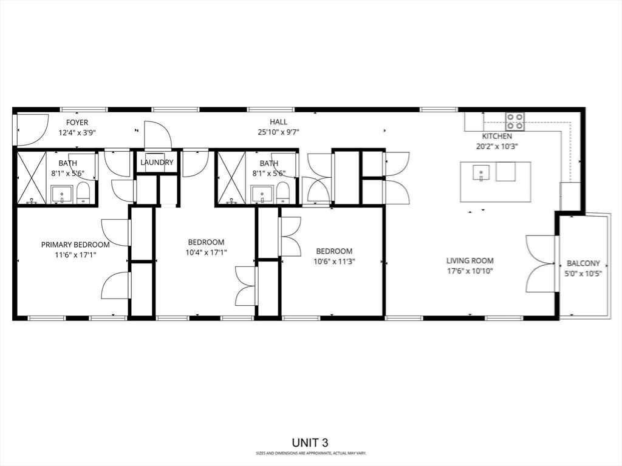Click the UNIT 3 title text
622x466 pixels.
(310, 443)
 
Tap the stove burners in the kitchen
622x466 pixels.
(516, 121)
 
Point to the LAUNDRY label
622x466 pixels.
(157, 163)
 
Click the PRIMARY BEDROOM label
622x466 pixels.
(75, 245)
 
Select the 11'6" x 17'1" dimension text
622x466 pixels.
(75, 255)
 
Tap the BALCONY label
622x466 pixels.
(583, 263)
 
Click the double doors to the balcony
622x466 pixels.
(541, 263)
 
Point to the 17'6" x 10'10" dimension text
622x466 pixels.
(470, 271)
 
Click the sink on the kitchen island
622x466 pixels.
(480, 174)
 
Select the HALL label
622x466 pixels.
(279, 122)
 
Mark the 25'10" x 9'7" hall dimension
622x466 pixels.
(279, 132)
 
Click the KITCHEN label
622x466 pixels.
(497, 136)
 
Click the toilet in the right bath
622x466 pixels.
(282, 194)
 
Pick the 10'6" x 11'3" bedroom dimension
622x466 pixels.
(334, 262)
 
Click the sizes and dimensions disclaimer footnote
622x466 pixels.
(310, 453)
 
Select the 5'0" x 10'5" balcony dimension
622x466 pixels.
(583, 274)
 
